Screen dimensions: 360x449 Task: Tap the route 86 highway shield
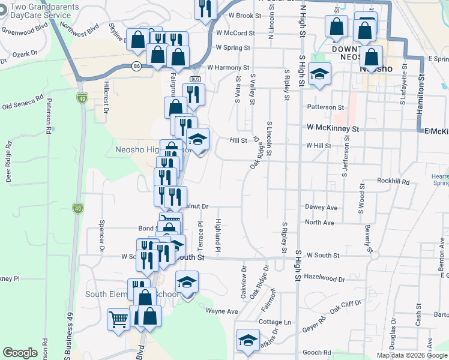137,67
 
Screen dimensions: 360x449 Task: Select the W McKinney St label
332,128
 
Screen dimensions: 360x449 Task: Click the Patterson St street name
325,107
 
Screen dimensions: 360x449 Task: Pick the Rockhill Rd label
393,181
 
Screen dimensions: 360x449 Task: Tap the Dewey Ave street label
321,208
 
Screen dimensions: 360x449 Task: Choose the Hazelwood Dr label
325,279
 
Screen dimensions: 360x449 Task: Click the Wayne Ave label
222,311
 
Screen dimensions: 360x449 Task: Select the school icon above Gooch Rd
247,340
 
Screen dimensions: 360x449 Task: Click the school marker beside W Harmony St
319,74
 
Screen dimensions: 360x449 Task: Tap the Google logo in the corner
20,353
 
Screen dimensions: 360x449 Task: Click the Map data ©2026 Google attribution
412,355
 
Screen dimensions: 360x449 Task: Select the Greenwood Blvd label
24,28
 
